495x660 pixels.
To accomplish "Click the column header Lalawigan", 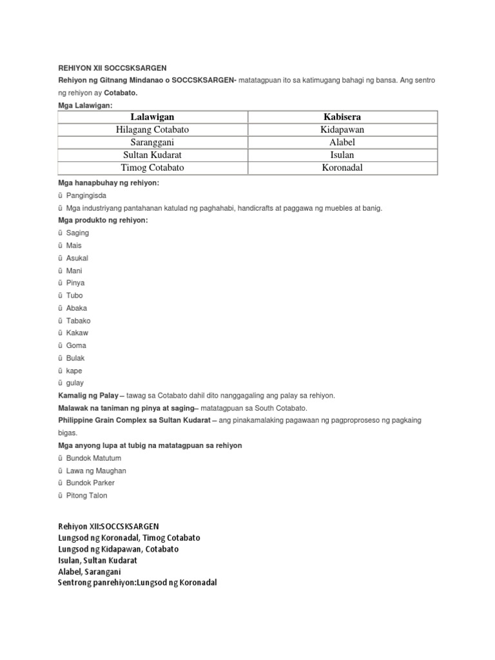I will point(153,117).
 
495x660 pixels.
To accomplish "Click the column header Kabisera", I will point(342,117).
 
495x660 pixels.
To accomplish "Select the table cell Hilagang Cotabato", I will point(153,130).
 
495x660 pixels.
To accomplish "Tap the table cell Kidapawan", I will point(342,130).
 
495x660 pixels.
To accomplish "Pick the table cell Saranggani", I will point(153,142).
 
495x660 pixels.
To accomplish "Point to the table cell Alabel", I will point(342,142).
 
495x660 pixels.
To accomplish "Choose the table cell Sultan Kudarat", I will point(153,155).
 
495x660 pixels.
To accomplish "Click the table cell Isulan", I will point(342,155).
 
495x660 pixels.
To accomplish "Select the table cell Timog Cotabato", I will point(153,168).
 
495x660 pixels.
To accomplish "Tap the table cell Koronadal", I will point(342,168).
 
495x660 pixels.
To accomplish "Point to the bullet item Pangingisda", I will point(86,195).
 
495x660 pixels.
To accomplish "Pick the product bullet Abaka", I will point(77,308).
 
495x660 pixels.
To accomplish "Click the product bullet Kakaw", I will point(77,333).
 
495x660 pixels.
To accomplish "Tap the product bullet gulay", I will point(75,383).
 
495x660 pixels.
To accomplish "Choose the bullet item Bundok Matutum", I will point(93,458).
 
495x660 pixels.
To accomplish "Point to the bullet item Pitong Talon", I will point(86,496).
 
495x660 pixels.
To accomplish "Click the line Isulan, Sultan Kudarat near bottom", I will point(97,561).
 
